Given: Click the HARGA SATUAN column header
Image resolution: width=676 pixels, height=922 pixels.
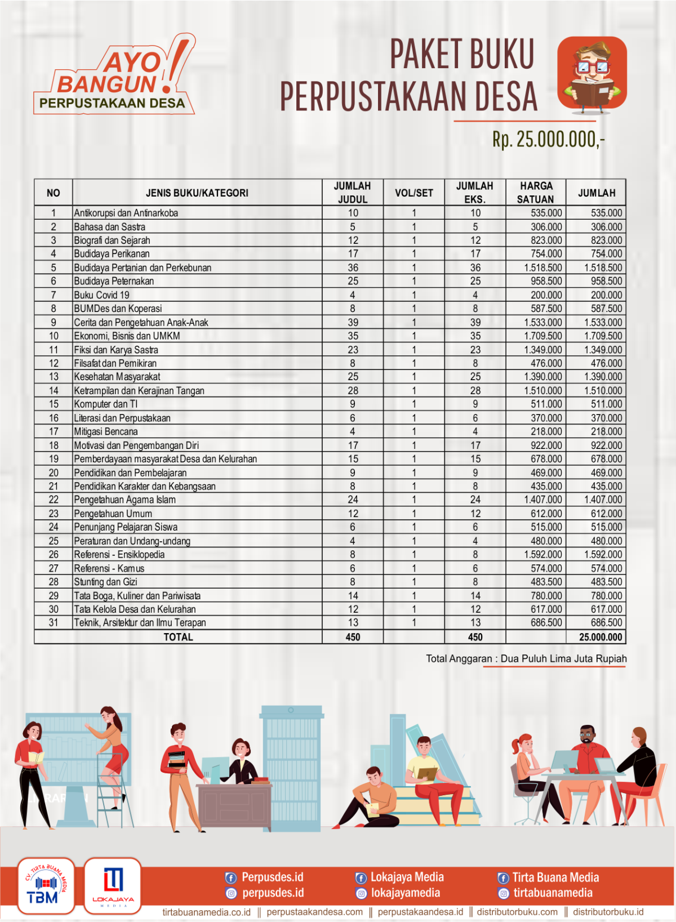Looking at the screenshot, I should [x=536, y=193].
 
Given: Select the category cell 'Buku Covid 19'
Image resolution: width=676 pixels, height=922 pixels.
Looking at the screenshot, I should [x=102, y=295].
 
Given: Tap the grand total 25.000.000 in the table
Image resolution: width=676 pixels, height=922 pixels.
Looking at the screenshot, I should [x=601, y=637].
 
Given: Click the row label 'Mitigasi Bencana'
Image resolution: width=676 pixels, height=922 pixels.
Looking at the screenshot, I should [x=106, y=432].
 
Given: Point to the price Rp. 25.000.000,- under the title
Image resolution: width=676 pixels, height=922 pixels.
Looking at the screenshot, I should [x=548, y=139].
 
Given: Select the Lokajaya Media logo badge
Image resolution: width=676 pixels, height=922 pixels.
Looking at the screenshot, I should [x=113, y=886].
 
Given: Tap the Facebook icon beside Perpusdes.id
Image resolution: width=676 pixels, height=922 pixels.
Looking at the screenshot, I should [x=230, y=878].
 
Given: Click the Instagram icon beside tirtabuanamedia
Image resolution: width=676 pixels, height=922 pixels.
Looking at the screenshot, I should [x=503, y=893].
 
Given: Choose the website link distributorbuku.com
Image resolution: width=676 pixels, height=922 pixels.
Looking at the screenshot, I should [x=517, y=912].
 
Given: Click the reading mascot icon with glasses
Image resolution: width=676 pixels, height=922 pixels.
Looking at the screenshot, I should [x=592, y=73].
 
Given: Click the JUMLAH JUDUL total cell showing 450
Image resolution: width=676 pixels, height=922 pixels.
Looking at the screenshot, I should [x=353, y=637].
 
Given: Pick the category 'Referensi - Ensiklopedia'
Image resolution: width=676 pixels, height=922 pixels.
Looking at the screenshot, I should [x=119, y=555].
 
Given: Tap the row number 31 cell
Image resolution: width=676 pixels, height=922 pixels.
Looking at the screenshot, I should [x=54, y=623].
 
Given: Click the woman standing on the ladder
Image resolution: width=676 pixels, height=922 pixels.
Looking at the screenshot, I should [x=110, y=743].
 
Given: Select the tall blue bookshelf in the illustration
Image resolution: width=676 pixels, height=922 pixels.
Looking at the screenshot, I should [x=291, y=766].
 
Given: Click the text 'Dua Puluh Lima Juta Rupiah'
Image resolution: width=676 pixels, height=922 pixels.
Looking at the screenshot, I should [x=563, y=658].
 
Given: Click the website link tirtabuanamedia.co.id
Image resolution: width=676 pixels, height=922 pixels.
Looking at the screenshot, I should [x=206, y=912].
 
